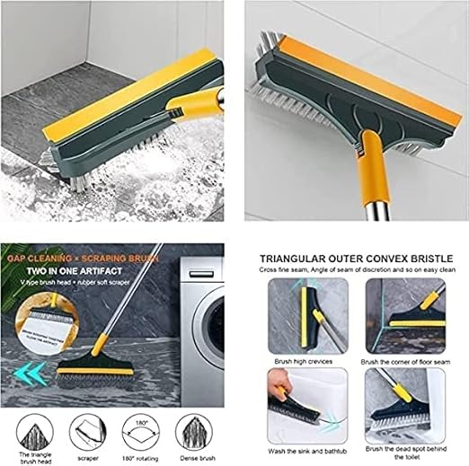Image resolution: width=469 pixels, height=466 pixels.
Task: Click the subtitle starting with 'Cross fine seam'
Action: (356, 269)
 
